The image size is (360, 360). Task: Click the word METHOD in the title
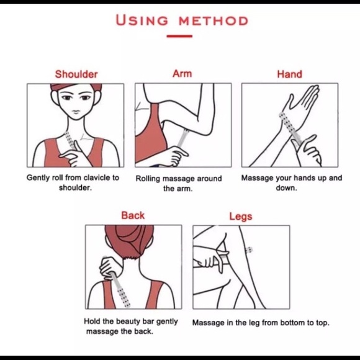coord(214,21)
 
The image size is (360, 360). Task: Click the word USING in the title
coord(142,20)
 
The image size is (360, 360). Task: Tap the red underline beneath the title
coord(179,36)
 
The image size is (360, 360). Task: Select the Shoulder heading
coord(76,74)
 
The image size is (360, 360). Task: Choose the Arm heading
coord(182,74)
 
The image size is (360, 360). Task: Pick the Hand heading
coord(289,74)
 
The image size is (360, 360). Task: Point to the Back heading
coord(133,215)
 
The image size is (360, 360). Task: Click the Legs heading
coord(241,217)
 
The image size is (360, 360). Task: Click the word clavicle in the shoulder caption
coord(96,178)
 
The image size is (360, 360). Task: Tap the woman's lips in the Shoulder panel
coord(76,112)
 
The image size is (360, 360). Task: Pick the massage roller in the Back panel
coord(120,289)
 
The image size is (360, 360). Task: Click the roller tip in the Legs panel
coord(249,250)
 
